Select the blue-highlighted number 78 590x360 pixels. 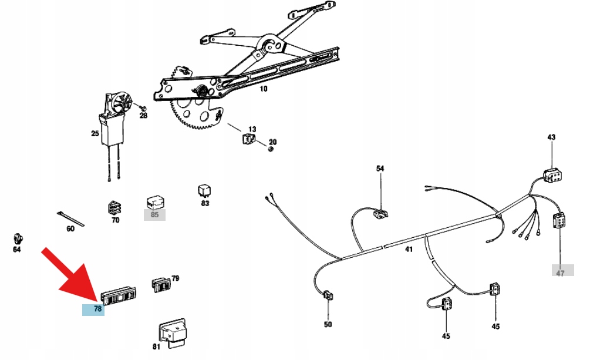pyautogui.click(x=93, y=309)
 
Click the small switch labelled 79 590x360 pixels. pyautogui.click(x=162, y=284)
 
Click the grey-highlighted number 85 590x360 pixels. pyautogui.click(x=155, y=214)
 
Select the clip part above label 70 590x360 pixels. pyautogui.click(x=115, y=207)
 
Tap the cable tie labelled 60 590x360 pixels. pyautogui.click(x=70, y=217)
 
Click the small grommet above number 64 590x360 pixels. pyautogui.click(x=18, y=238)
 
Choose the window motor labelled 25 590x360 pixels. pyautogui.click(x=114, y=120)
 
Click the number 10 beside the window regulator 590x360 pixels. pyautogui.click(x=263, y=89)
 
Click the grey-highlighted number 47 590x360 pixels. pyautogui.click(x=560, y=271)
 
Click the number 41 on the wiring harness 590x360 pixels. pyautogui.click(x=409, y=249)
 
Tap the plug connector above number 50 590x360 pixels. pyautogui.click(x=328, y=295)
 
